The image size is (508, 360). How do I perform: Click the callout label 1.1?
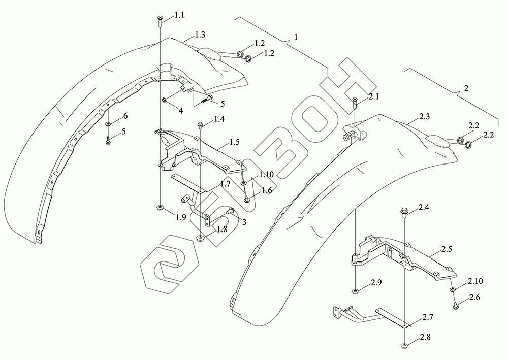(x=179, y=16)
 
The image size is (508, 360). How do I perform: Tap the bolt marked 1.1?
(x=160, y=20)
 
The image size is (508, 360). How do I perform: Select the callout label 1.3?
(x=200, y=35)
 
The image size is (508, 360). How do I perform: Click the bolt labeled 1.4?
(x=200, y=123)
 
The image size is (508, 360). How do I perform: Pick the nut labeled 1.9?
(x=160, y=209)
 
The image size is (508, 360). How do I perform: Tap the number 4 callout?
(x=180, y=109)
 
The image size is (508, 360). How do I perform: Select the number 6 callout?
(x=124, y=116)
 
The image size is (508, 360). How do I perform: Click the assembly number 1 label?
(x=296, y=38)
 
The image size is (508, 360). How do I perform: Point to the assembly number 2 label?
(x=465, y=88)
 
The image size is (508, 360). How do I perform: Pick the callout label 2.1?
(x=374, y=96)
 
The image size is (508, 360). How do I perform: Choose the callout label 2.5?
(x=447, y=249)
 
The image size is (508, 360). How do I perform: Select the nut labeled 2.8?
(x=404, y=346)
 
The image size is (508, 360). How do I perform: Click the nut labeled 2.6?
(x=455, y=306)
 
